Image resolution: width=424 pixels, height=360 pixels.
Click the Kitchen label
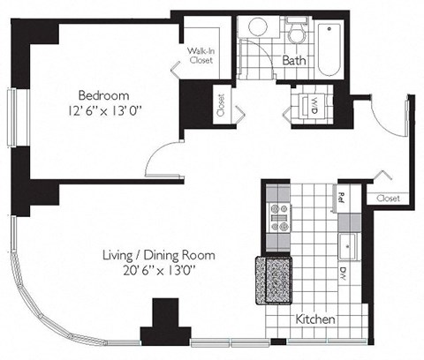(315, 318)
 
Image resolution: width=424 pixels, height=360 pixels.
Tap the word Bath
(294, 60)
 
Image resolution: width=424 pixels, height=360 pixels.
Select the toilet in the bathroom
(296, 33)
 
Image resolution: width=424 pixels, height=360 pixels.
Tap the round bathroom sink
(257, 27)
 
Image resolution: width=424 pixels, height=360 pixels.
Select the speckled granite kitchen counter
(273, 279)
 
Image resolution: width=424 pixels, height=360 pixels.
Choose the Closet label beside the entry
(387, 199)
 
